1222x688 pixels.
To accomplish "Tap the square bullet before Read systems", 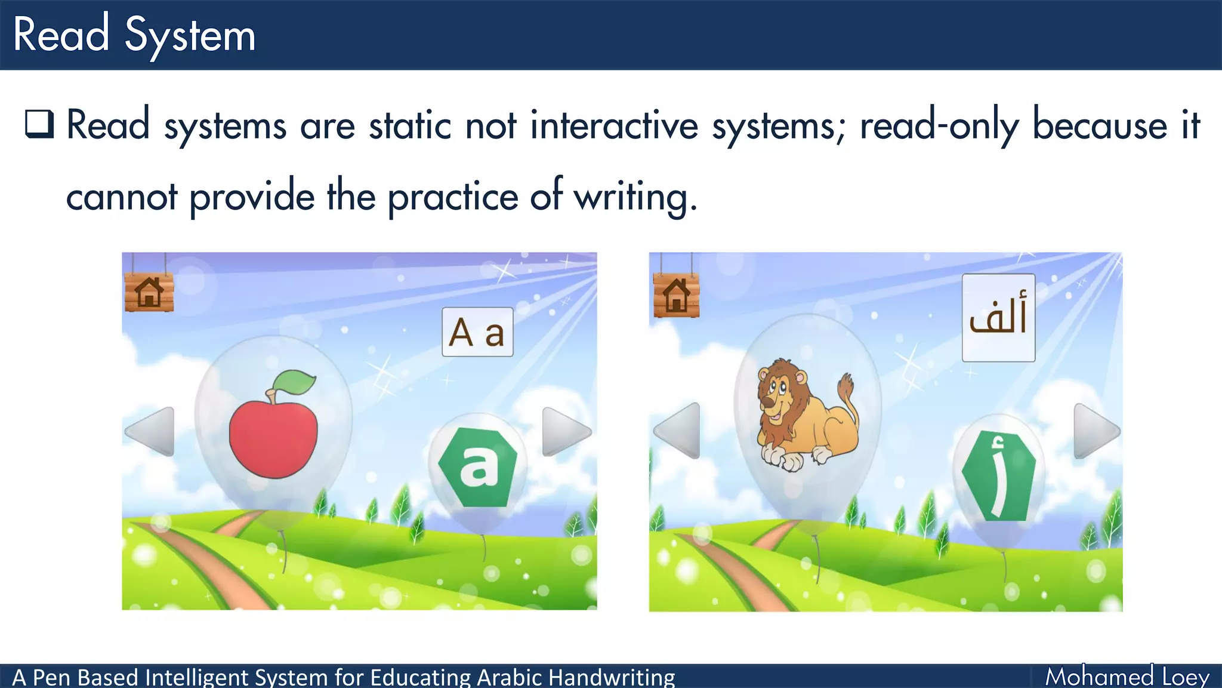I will click(39, 124).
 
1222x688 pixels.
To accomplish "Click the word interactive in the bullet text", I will click(614, 126).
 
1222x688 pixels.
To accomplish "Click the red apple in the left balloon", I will click(273, 439).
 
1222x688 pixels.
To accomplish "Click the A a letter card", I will click(477, 332).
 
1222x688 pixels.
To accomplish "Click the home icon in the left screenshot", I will click(149, 293).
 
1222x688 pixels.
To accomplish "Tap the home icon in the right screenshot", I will click(676, 296).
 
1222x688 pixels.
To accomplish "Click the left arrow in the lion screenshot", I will click(678, 431).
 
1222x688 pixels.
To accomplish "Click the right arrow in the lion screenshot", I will click(1096, 431).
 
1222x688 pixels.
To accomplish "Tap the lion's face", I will click(777, 394).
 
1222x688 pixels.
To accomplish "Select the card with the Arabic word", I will click(998, 318).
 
